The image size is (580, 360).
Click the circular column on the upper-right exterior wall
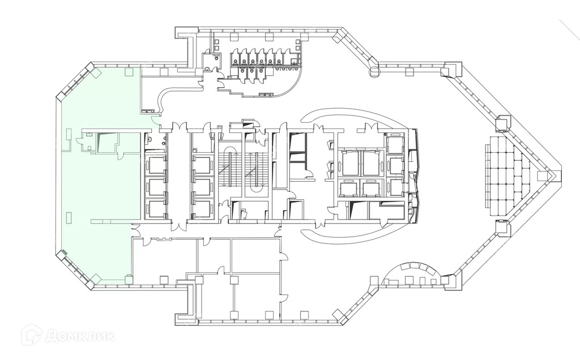click(x=374, y=71)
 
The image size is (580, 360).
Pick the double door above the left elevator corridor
click(x=178, y=127)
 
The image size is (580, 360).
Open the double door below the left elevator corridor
click(x=178, y=226)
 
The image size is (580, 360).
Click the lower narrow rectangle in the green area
click(x=68, y=216)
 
